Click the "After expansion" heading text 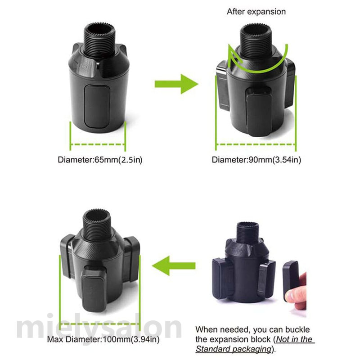tap(256, 12)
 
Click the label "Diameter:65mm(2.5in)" tap(100, 160)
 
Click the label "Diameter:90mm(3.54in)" tap(256, 160)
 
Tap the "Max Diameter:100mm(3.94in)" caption tap(103, 339)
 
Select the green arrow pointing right tap(176, 84)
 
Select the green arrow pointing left tap(174, 266)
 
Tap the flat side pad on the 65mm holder tap(97, 106)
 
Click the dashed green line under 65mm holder tap(98, 144)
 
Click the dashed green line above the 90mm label tap(256, 144)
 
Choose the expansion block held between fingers tap(290, 280)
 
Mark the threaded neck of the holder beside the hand tap(248, 232)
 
